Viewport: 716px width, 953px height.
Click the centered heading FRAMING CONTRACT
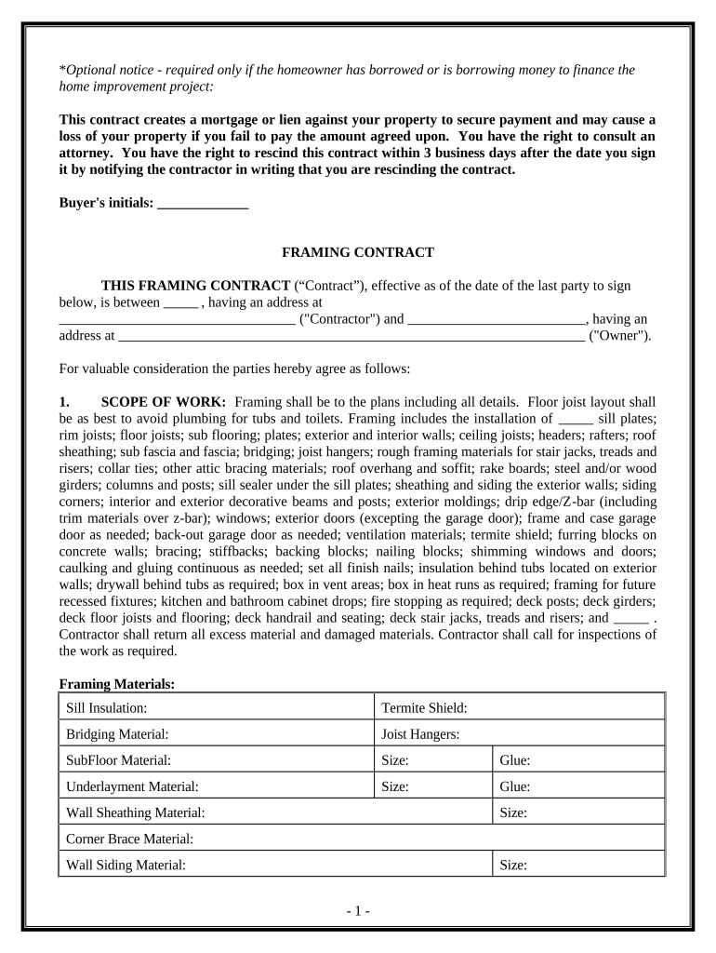[x=358, y=252]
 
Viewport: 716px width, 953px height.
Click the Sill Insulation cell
[x=219, y=707]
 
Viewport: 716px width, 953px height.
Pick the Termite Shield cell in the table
[x=518, y=707]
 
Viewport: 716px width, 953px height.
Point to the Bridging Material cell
[x=219, y=733]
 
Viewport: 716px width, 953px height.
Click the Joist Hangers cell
[x=518, y=733]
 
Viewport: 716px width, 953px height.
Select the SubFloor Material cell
[x=219, y=760]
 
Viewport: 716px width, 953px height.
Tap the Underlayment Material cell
[x=219, y=786]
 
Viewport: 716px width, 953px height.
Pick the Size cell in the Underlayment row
[x=432, y=786]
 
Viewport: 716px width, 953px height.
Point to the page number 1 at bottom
[x=358, y=910]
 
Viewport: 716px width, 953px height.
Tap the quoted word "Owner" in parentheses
[x=620, y=336]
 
